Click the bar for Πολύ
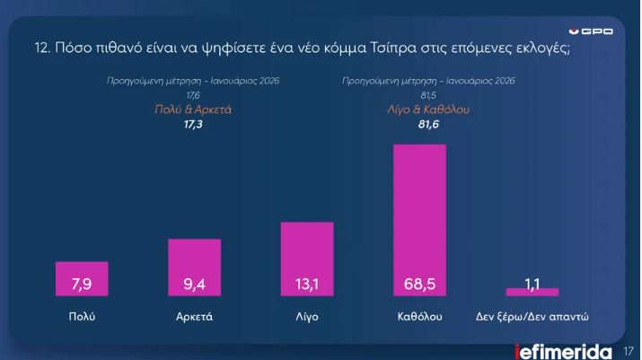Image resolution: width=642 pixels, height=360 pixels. (82, 278)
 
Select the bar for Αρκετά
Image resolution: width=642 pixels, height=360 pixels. (194, 267)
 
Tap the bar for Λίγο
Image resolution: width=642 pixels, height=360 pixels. (307, 258)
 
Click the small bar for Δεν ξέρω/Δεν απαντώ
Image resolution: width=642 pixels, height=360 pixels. (532, 292)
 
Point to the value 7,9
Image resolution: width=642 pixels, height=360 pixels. (82, 285)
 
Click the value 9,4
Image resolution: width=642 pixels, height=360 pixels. (194, 285)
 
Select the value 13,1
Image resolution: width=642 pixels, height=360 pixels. (307, 285)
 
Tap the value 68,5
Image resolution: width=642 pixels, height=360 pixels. (419, 285)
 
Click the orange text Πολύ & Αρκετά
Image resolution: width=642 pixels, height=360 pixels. (194, 110)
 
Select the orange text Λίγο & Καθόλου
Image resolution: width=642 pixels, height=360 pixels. (428, 110)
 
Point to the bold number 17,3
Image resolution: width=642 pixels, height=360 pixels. (194, 126)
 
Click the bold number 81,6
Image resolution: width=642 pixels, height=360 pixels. (428, 126)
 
